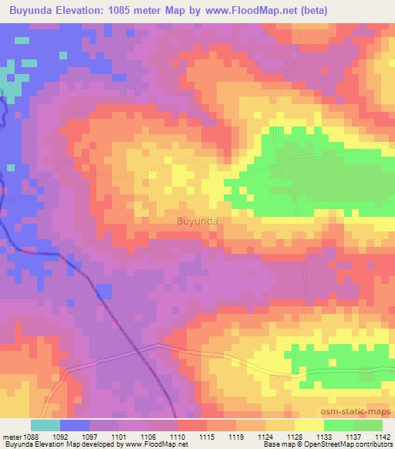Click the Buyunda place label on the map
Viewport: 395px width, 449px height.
pos(197,221)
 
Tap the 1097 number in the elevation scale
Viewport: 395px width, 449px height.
pos(91,436)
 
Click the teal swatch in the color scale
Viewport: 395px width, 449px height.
pos(45,425)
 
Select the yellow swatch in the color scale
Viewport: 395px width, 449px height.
pos(309,425)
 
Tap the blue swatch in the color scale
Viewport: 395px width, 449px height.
pos(74,425)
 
